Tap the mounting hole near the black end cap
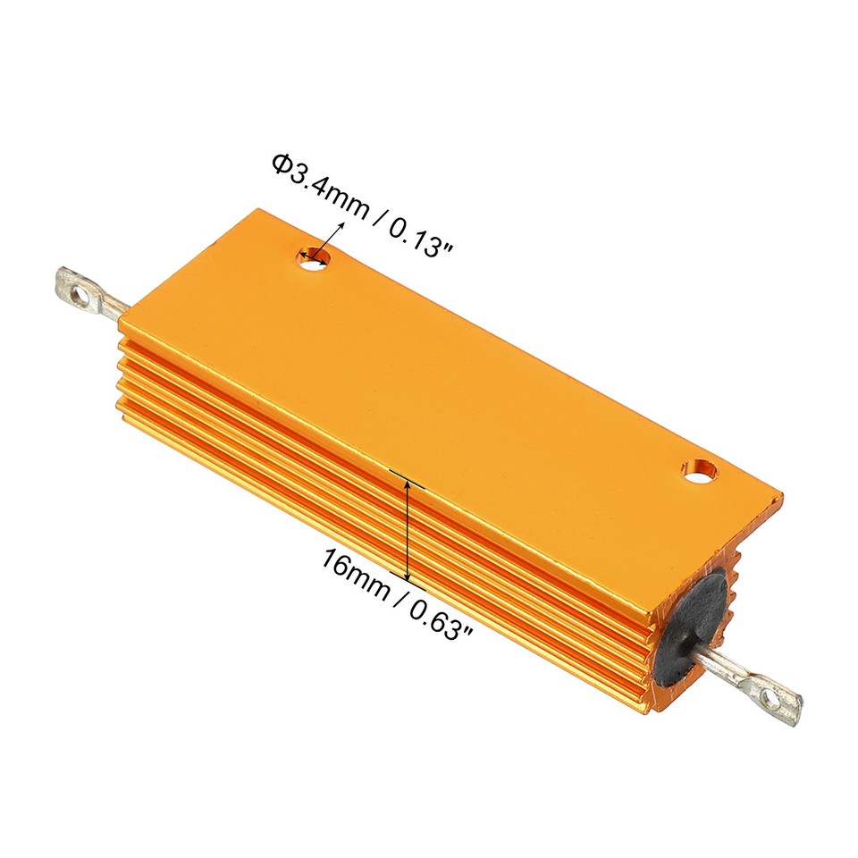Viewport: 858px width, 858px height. [x=700, y=469]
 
